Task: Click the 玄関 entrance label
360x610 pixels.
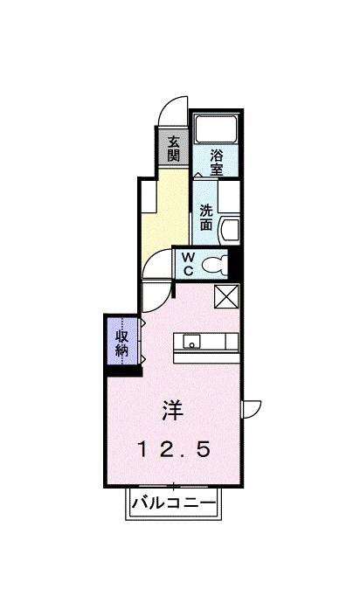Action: [x=174, y=149]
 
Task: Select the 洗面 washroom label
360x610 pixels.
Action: [x=205, y=216]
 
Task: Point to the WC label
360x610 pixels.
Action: [x=188, y=263]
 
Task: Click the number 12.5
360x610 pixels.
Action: [x=173, y=449]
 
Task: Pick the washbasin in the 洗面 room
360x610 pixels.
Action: [x=227, y=231]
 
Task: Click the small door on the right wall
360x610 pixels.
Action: [x=252, y=408]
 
